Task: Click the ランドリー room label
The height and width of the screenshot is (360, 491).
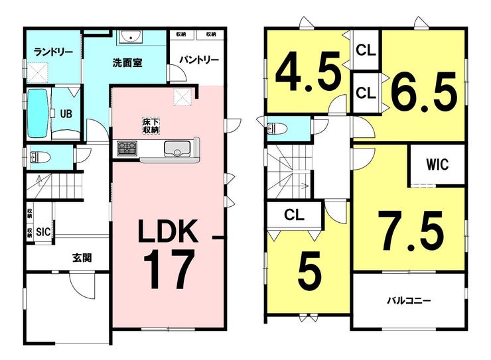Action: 53,52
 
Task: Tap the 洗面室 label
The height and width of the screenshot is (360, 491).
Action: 127,63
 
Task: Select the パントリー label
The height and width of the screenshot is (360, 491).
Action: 199,60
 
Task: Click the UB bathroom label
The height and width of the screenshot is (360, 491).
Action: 66,114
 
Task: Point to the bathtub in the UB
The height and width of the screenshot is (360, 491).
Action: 38,113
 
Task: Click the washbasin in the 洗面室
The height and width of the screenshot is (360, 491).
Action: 131,36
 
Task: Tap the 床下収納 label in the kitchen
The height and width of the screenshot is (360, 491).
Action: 151,126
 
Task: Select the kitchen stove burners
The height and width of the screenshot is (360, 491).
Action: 127,148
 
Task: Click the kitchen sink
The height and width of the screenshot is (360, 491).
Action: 176,149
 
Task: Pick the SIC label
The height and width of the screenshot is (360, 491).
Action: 43,232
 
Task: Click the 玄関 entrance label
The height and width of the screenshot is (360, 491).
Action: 82,258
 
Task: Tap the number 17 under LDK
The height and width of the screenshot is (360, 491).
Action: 169,269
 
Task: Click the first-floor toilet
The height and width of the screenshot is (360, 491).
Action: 39,156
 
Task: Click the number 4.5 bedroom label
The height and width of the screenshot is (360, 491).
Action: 308,72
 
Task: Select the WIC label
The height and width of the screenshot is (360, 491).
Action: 437,164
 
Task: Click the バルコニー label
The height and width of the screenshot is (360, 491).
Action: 409,301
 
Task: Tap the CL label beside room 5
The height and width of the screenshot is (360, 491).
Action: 295,215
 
